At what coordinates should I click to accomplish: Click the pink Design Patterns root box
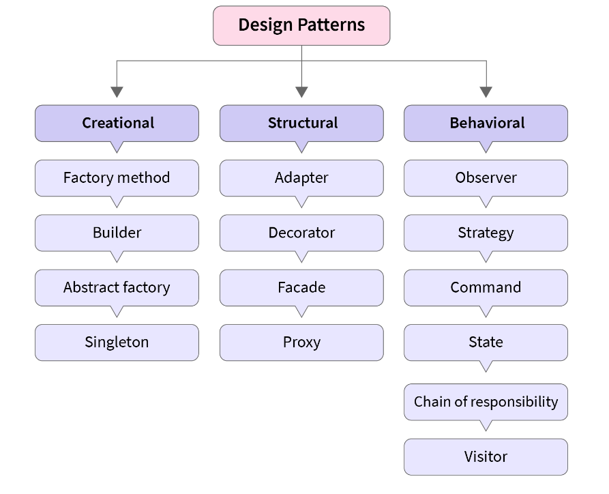(x=301, y=26)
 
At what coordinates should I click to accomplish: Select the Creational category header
(x=117, y=123)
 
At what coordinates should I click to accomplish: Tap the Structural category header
(x=301, y=123)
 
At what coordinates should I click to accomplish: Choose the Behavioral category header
(x=486, y=123)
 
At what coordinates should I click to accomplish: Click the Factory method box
(x=117, y=178)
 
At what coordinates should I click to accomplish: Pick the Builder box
(x=117, y=233)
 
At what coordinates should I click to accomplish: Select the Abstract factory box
(x=117, y=287)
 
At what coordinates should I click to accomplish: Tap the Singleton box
(x=117, y=342)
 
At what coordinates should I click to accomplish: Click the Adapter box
(x=301, y=178)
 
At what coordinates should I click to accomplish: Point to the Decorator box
(x=301, y=233)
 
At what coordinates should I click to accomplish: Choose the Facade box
(x=301, y=287)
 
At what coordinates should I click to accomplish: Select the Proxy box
(x=301, y=342)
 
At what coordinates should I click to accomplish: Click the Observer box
(x=486, y=178)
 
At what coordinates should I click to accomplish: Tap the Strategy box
(x=486, y=233)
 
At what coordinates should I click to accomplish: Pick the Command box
(x=486, y=287)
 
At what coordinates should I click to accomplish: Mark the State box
(x=486, y=342)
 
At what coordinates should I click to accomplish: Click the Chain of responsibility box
(x=486, y=402)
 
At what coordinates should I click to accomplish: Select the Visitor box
(x=486, y=456)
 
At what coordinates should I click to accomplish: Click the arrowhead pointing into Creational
(x=117, y=92)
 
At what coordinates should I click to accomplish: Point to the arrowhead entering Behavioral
(x=486, y=92)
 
